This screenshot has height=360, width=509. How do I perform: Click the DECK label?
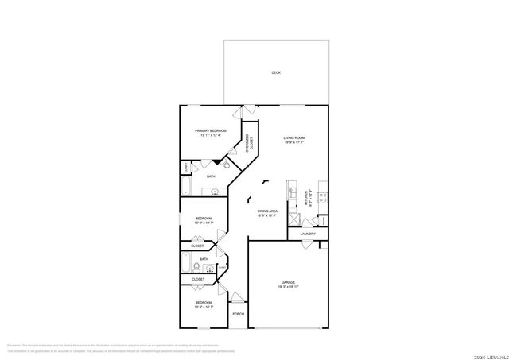[x=276, y=72]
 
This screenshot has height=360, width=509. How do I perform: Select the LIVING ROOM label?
[x=294, y=137]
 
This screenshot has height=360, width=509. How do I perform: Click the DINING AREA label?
[x=266, y=211]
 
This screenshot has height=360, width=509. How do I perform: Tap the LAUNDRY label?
[x=308, y=234]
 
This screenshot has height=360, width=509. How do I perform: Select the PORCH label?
[x=238, y=314]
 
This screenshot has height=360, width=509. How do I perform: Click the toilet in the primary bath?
[x=226, y=165]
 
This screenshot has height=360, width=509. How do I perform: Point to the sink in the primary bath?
[x=214, y=192]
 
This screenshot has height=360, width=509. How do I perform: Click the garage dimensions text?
[x=287, y=288]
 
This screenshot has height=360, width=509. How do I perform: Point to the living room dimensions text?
[x=294, y=143]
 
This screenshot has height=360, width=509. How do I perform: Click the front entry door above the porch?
[x=237, y=300]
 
